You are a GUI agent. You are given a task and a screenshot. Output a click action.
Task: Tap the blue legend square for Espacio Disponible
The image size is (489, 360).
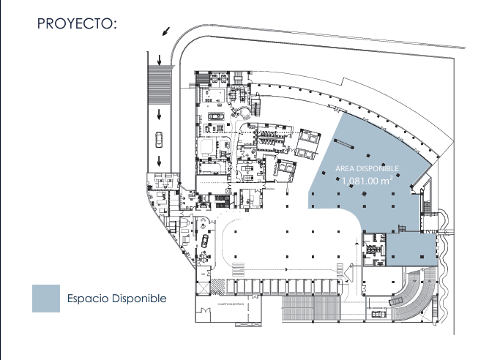tap(45, 299)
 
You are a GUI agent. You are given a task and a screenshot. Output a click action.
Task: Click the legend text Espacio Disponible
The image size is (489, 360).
tap(117, 299)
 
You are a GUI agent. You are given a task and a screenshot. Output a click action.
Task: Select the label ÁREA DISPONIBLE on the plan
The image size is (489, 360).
tap(367, 168)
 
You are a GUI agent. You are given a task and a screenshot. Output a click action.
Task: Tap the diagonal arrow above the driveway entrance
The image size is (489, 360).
tap(166, 31)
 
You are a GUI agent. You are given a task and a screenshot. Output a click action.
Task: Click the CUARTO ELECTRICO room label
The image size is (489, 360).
tap(228, 301)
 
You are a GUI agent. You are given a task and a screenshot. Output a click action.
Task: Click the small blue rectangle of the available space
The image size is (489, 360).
tap(410, 248)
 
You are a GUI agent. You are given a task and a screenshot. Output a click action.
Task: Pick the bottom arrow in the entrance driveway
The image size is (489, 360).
tap(159, 161)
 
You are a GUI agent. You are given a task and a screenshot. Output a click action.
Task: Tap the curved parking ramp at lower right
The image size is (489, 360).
tap(417, 293)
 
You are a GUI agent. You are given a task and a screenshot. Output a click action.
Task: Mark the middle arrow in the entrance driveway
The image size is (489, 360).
tap(159, 113)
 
